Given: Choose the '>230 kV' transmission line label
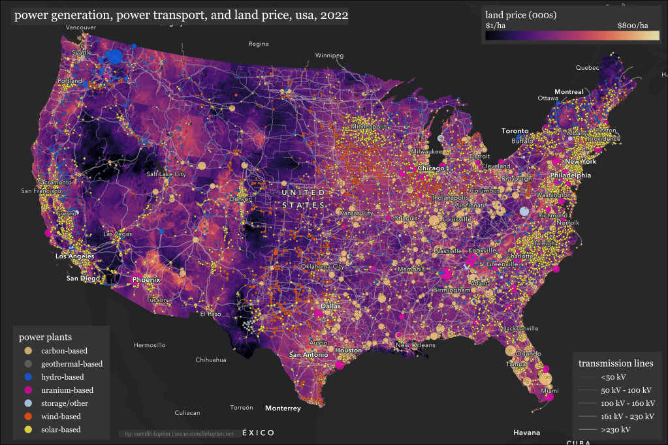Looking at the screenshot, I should click(x=616, y=429).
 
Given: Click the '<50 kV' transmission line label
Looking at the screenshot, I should click(x=613, y=377).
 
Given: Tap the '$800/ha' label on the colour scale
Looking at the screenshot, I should click(x=633, y=25).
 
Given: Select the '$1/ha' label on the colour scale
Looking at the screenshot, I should click(x=496, y=25).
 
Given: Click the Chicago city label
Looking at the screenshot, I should click(x=431, y=168).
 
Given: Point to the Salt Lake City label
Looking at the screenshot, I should click(x=167, y=174).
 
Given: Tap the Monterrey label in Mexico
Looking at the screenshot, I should click(x=283, y=408).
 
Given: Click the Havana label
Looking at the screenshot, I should click(x=526, y=433).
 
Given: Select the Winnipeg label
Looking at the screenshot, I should click(x=329, y=55).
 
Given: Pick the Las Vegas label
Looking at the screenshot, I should click(x=118, y=234).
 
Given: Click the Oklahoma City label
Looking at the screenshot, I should click(x=322, y=266).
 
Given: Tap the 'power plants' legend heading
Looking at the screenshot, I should click(x=45, y=337).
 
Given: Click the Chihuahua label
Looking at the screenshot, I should click(x=211, y=360).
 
